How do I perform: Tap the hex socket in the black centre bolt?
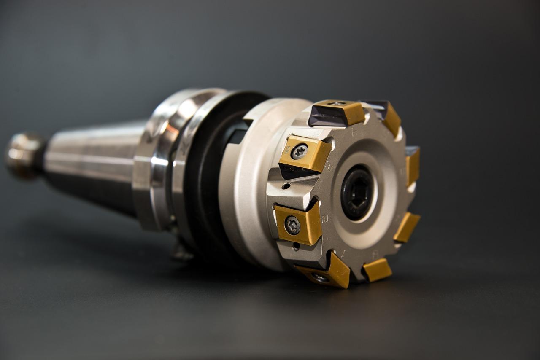point(356,192)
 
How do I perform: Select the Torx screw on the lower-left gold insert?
point(292,225)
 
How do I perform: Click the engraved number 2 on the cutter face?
point(325,218)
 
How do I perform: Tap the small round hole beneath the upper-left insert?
point(287,185)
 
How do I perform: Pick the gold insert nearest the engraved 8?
point(377,270)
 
